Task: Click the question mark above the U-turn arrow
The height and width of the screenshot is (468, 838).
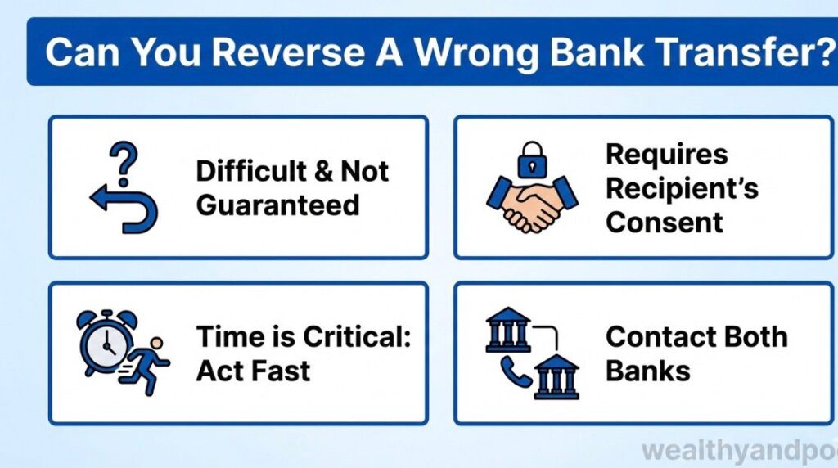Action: (123, 159)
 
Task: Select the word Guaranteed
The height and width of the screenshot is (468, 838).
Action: (278, 205)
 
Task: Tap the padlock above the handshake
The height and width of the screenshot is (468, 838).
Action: (530, 163)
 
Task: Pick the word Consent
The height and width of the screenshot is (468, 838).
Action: (665, 222)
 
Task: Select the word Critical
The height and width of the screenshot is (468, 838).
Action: (357, 336)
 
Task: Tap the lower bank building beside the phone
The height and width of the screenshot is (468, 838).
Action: (556, 377)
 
